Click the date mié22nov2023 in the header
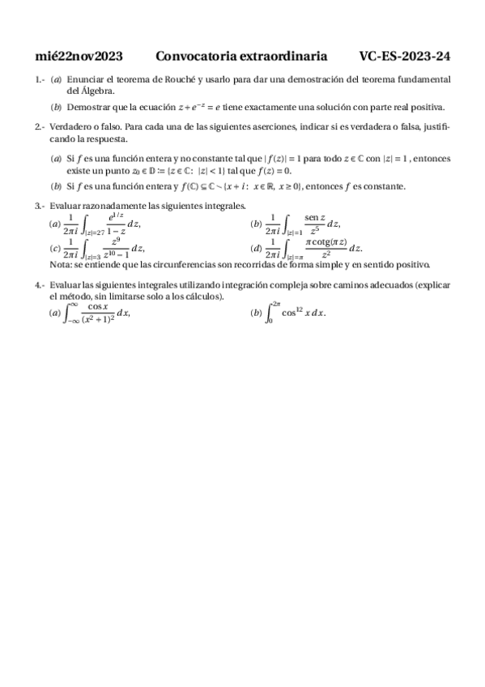(79, 56)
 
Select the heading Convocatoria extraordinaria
(241, 56)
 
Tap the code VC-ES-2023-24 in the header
(405, 56)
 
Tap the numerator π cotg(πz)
(325, 242)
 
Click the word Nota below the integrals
(61, 265)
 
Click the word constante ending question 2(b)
(381, 186)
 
